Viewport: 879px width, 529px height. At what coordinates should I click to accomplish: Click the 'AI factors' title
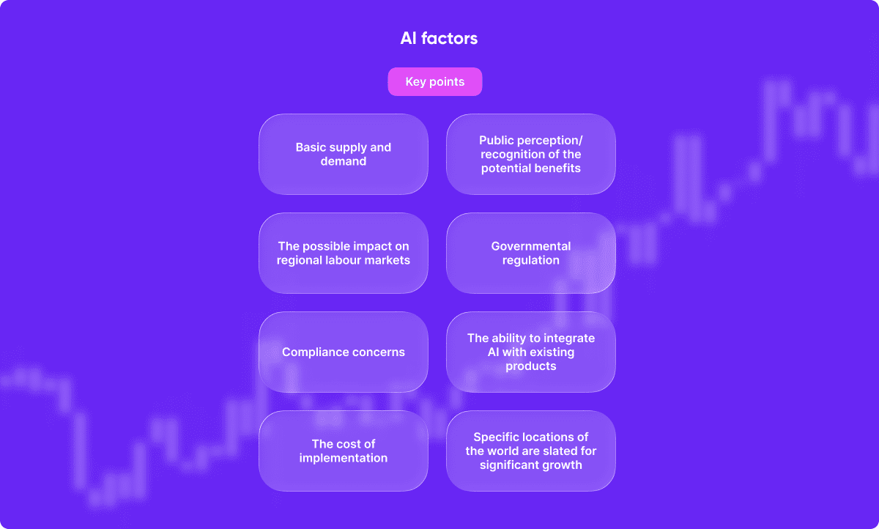pos(439,38)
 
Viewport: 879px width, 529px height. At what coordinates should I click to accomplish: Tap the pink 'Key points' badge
pos(435,81)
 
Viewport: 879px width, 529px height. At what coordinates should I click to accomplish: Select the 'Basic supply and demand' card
pos(344,154)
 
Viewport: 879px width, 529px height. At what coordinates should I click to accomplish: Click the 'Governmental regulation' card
pos(531,253)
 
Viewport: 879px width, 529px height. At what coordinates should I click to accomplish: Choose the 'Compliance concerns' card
pos(344,352)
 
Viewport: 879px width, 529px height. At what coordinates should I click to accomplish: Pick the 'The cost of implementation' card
pos(344,451)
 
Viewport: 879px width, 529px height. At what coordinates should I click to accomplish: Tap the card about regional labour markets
pos(344,253)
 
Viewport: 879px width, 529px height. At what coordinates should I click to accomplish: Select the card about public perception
pos(531,154)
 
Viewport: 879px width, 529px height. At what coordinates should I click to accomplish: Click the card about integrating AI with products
pos(531,352)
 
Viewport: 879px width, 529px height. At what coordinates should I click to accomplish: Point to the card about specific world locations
pos(531,451)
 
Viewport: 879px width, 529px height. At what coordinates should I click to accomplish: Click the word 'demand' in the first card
pos(344,161)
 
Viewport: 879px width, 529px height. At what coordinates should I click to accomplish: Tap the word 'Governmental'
pos(531,246)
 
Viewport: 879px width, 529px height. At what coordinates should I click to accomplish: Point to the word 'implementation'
pos(344,458)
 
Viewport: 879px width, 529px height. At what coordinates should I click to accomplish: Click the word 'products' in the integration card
pos(531,366)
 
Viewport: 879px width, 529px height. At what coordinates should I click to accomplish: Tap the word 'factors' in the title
pos(449,38)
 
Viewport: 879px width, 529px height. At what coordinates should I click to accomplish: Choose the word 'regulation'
pos(531,261)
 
